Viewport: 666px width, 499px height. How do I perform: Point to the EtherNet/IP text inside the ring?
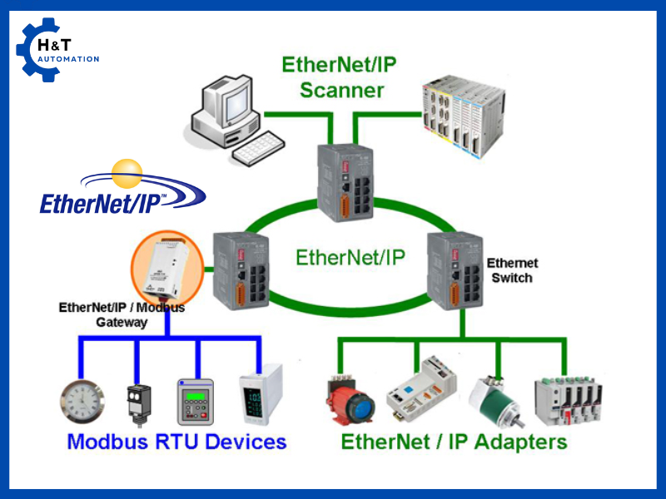click(350, 258)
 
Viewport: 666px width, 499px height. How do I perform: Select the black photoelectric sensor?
click(137, 403)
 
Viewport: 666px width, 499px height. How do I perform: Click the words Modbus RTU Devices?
click(176, 442)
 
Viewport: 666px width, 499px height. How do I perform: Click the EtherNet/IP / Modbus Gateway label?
click(122, 314)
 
